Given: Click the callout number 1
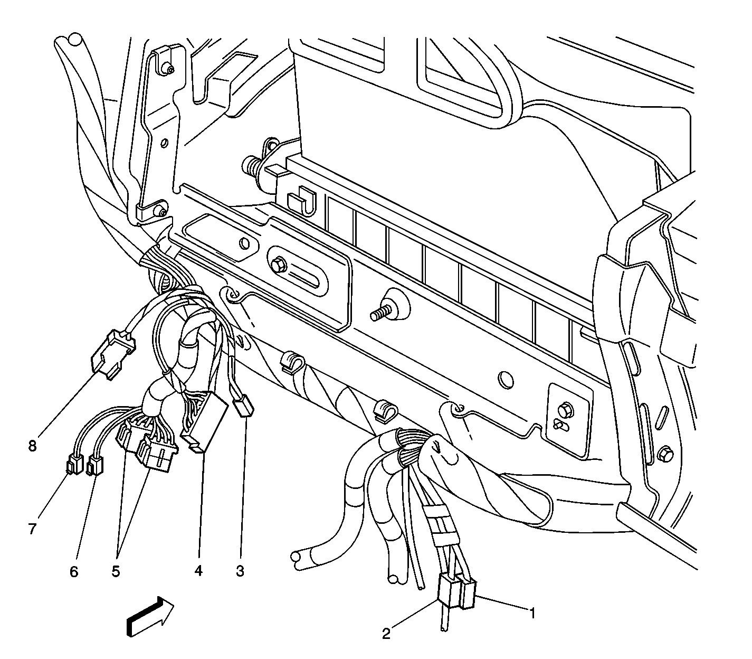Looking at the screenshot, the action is point(532,613).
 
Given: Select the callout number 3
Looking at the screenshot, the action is point(240,571).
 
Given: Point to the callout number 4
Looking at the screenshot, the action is point(198,571).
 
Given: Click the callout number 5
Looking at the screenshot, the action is point(116,571).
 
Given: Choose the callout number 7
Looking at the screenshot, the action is point(32,529).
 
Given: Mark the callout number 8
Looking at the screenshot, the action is point(32,446).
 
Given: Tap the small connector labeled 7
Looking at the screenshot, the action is point(74,466).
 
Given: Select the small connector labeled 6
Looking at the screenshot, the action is point(94,466).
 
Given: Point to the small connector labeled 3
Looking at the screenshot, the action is point(244,407).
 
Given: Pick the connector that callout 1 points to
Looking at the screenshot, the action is point(468,594).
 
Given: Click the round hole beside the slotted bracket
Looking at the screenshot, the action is point(244,243).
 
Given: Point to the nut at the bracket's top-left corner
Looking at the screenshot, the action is point(168,69).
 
